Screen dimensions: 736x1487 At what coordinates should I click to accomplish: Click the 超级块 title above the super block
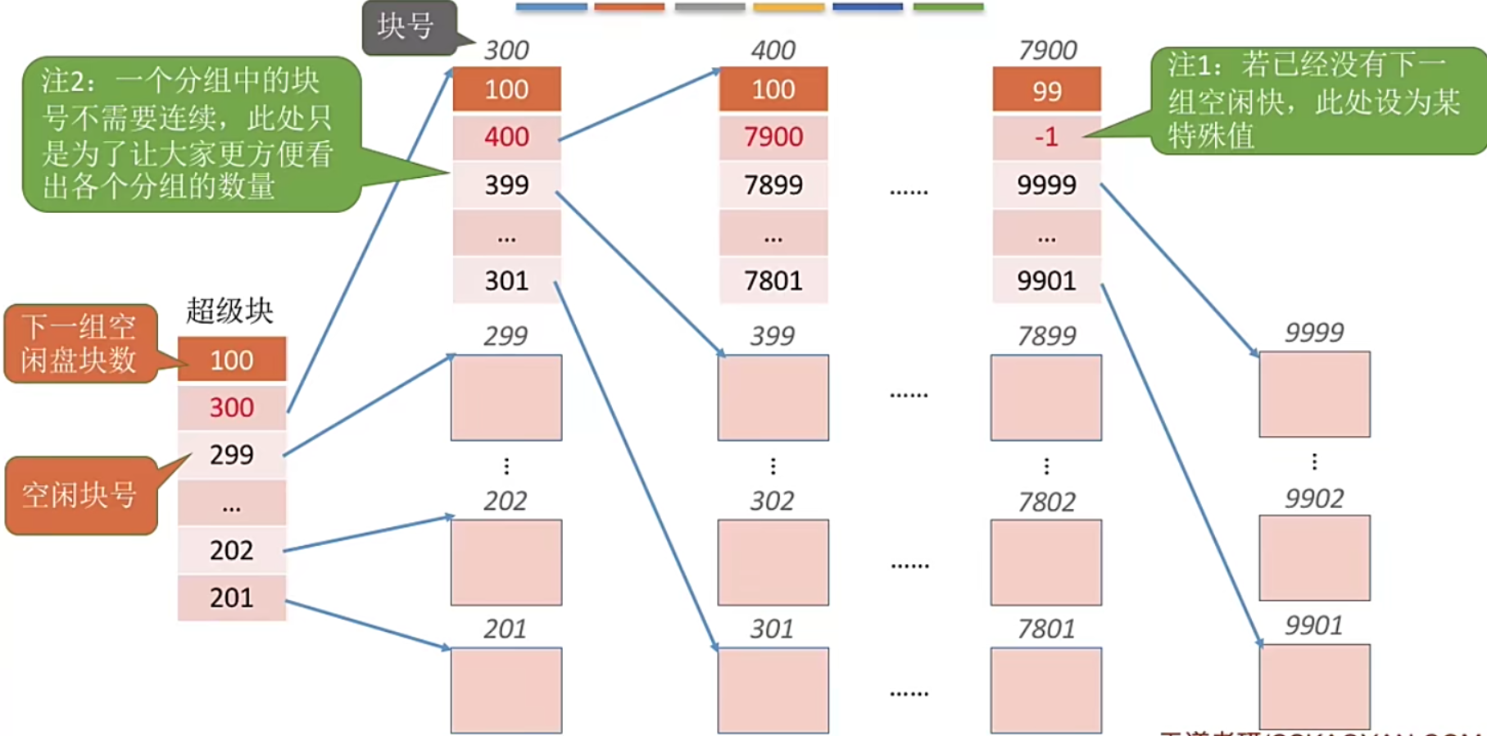[x=229, y=311]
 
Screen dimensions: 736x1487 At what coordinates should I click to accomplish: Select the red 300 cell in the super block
[x=232, y=407]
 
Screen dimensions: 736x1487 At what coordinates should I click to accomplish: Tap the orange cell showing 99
[x=1046, y=90]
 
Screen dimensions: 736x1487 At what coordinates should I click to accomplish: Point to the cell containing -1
[x=1046, y=137]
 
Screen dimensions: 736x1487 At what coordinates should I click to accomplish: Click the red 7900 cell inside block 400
[x=773, y=137]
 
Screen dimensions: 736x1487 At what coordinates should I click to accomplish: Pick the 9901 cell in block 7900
[x=1046, y=281]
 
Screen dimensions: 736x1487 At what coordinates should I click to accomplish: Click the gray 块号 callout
[x=407, y=27]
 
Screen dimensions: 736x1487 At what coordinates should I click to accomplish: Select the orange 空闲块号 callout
[x=80, y=495]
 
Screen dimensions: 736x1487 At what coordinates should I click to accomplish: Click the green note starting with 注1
[x=1315, y=100]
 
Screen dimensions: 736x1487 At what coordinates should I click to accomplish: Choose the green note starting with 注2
[x=190, y=134]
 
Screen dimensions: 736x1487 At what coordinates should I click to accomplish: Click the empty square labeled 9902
[x=1314, y=557]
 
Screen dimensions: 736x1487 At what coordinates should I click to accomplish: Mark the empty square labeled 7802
[x=1045, y=562]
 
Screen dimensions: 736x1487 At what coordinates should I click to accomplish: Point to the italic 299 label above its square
[x=505, y=336]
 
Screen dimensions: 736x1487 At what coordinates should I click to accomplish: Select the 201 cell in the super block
[x=232, y=597]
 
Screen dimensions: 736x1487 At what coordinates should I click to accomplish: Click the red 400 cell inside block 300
[x=506, y=137]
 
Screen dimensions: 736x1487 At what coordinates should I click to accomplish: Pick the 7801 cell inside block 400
[x=773, y=281]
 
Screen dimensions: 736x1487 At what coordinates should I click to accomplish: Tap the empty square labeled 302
[x=773, y=562]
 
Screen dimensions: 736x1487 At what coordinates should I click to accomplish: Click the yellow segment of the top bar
[x=788, y=7]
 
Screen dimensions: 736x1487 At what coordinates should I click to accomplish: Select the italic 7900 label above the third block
[x=1047, y=51]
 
